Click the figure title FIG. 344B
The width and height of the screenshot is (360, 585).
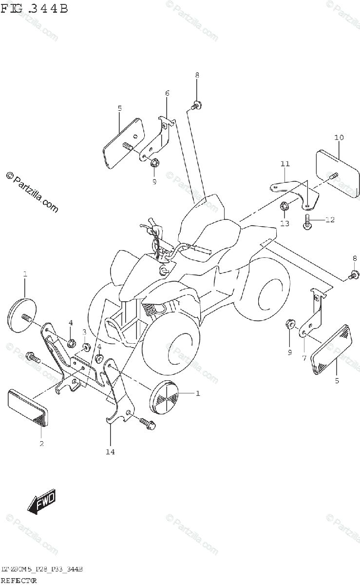(x=34, y=8)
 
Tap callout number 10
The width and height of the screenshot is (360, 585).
(x=339, y=137)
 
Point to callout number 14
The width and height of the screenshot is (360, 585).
(x=110, y=452)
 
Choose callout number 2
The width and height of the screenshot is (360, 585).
(x=41, y=443)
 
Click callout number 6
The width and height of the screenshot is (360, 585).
(x=167, y=93)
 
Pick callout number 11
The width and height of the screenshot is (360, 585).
(x=285, y=164)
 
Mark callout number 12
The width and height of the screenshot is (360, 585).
(x=330, y=219)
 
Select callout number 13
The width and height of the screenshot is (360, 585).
(x=284, y=223)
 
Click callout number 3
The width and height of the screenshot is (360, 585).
(x=84, y=332)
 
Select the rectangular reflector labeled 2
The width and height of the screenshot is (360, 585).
(x=28, y=405)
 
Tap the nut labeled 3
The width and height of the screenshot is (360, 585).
(x=87, y=347)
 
